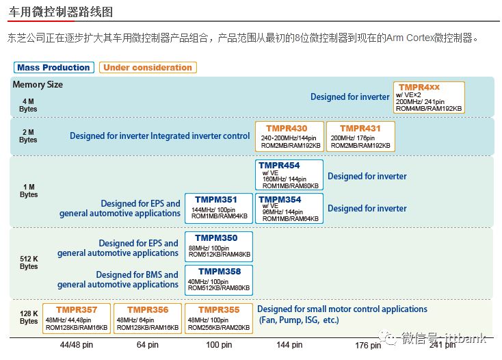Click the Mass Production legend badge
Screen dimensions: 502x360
click(x=54, y=67)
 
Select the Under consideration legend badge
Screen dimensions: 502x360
click(x=148, y=67)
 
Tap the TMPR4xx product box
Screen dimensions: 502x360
click(x=429, y=97)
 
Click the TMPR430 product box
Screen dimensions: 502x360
click(x=289, y=136)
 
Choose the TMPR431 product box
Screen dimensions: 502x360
click(x=360, y=136)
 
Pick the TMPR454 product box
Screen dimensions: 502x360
click(x=289, y=175)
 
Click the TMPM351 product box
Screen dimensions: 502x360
click(x=219, y=208)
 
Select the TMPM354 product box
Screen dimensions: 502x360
click(x=289, y=208)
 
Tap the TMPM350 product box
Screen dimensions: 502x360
click(x=219, y=246)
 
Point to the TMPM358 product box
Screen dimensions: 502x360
click(x=219, y=280)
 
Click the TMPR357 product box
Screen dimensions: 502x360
click(x=77, y=318)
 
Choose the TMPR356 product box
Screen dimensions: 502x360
click(x=148, y=318)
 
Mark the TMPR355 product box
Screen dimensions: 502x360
click(x=219, y=318)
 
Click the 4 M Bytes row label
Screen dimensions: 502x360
click(x=28, y=105)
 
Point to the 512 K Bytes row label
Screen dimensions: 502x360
click(x=29, y=263)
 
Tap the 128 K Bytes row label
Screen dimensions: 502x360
click(x=29, y=317)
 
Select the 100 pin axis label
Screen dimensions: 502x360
click(x=219, y=345)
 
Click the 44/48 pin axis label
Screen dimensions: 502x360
click(x=77, y=345)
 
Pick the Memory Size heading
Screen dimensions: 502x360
click(x=38, y=85)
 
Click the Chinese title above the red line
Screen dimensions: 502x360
click(x=60, y=12)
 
